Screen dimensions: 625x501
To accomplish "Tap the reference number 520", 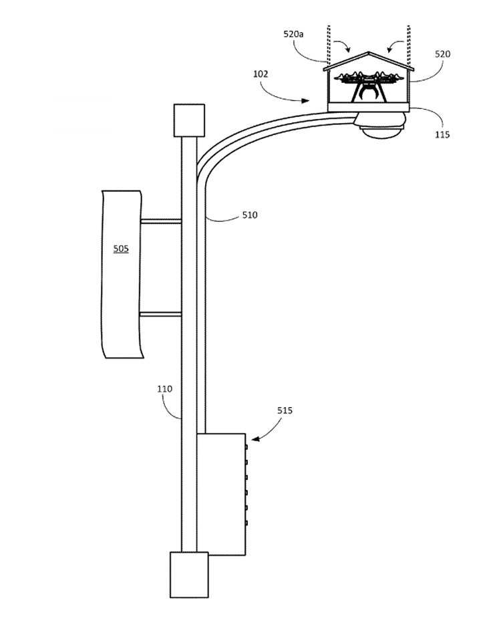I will coord(442,54).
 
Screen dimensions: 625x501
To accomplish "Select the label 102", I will coord(261,74).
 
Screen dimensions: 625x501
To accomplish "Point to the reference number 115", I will coord(442,134).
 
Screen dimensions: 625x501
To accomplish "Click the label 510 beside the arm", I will coord(248,215).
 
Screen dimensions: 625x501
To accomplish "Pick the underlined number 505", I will coord(121,249).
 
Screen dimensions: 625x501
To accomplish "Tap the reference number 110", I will coord(164,389).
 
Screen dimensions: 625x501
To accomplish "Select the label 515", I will coord(285,410).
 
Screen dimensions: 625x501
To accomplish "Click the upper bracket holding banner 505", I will coord(160,221).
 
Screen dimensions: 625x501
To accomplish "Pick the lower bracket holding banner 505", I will coord(160,314).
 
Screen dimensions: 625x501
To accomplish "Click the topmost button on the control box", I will coord(246,446).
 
